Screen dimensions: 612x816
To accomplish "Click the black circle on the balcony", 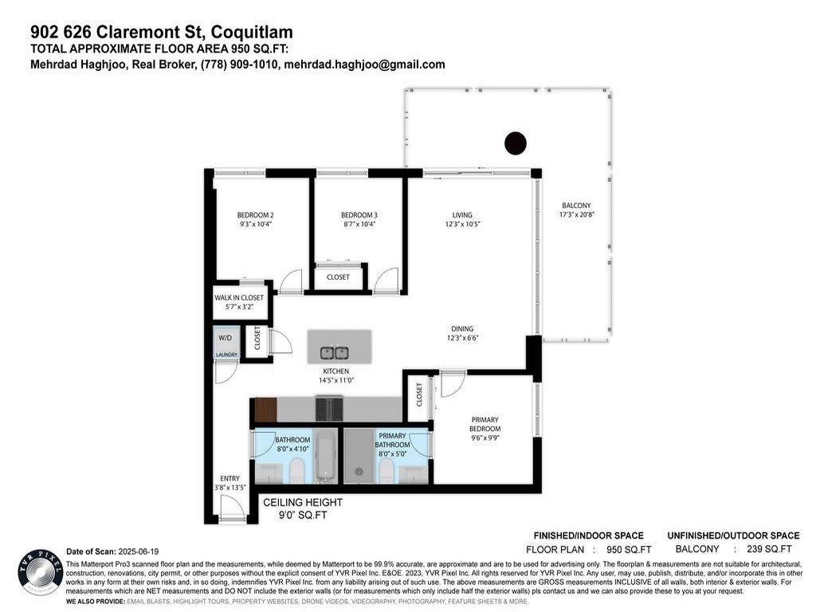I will pyautogui.click(x=516, y=143).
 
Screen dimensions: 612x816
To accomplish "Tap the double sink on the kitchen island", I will pyautogui.click(x=334, y=352).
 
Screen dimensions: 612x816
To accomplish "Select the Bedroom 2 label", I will pyautogui.click(x=255, y=215).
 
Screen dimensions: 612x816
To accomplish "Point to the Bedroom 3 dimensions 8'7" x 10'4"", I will pyautogui.click(x=358, y=225).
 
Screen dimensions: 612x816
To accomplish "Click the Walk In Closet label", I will pyautogui.click(x=238, y=298).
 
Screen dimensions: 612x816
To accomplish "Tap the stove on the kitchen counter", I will pyautogui.click(x=329, y=409).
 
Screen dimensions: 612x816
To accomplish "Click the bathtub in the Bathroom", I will pyautogui.click(x=327, y=457).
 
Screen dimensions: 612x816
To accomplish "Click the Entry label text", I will pyautogui.click(x=229, y=478).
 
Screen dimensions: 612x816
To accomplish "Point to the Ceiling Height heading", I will pyautogui.click(x=303, y=503).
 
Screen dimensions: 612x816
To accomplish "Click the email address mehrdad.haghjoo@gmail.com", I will pyautogui.click(x=364, y=65).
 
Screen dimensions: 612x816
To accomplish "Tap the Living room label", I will pyautogui.click(x=462, y=215).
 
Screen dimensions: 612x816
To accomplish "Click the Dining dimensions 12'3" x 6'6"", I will pyautogui.click(x=461, y=338).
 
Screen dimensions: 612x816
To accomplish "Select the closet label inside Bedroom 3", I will pyautogui.click(x=338, y=277).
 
